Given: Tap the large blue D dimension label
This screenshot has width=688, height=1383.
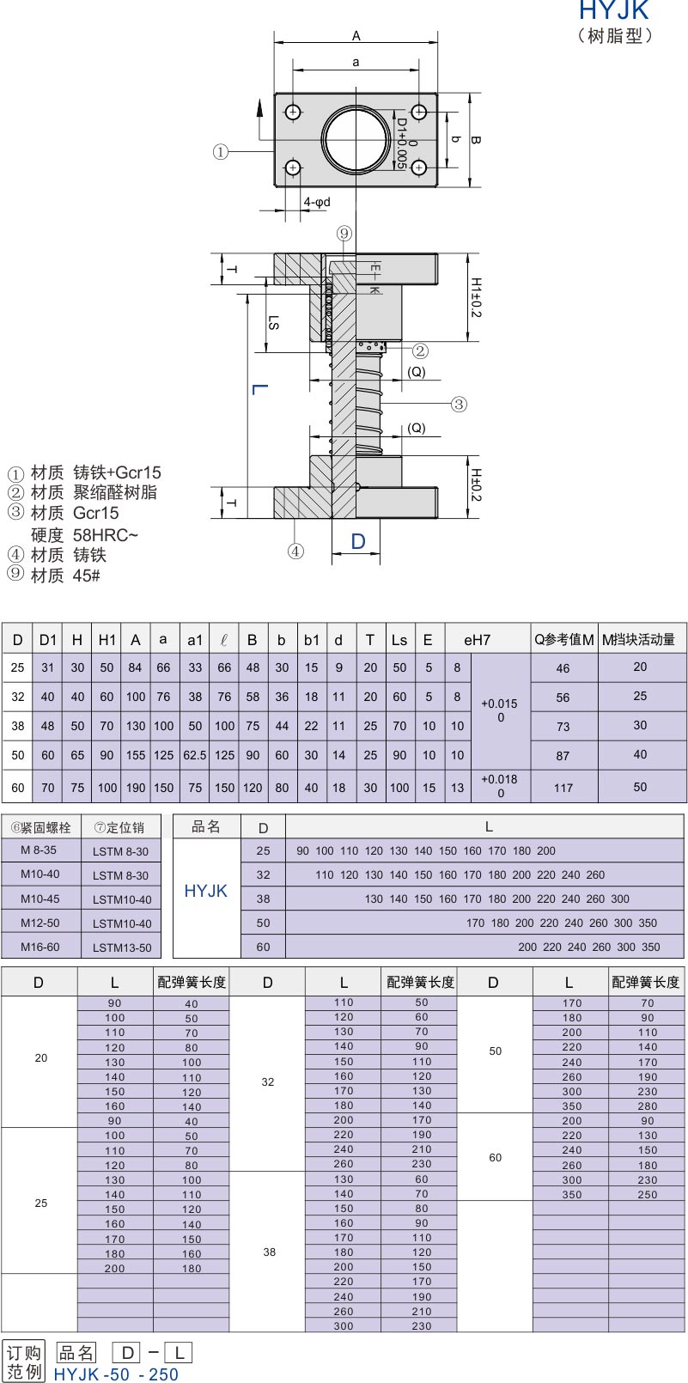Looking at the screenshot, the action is [x=358, y=541].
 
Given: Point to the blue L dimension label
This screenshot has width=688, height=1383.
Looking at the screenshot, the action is [x=260, y=389].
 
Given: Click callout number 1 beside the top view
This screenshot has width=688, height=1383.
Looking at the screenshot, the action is [x=221, y=151].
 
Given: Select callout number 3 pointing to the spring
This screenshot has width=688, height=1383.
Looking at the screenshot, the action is [x=459, y=405].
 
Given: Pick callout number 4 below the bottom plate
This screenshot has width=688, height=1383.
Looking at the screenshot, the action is [x=295, y=551].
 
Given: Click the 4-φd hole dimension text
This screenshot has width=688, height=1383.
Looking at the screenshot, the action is [x=317, y=202].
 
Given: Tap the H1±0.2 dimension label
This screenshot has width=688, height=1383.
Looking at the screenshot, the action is [x=476, y=297].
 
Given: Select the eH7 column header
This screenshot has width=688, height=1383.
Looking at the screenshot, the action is [x=477, y=640].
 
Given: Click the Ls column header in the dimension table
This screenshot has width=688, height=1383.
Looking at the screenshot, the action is [x=399, y=640].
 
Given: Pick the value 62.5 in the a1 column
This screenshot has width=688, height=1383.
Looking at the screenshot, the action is [x=194, y=755].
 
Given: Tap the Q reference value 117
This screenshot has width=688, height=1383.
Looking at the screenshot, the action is [x=563, y=788].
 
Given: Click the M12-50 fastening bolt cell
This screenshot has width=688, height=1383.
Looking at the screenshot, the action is [x=40, y=923].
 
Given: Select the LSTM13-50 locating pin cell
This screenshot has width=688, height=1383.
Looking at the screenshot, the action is [x=122, y=947].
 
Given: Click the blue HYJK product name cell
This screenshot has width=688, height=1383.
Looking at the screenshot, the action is [x=205, y=891].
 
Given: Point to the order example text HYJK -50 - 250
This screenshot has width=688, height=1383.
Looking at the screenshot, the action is [x=116, y=1374].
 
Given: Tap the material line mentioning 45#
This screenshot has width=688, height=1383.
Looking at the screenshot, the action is [x=54, y=575].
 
